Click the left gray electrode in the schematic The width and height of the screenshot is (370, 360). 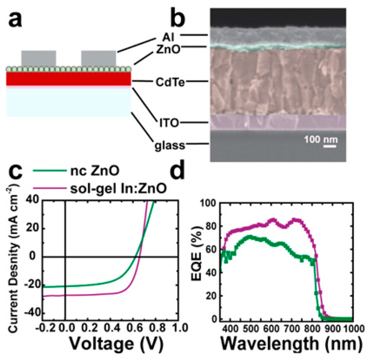pyautogui.click(x=39, y=59)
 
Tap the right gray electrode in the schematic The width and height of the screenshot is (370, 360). pyautogui.click(x=99, y=59)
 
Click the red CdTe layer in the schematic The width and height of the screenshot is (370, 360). pyautogui.click(x=68, y=79)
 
